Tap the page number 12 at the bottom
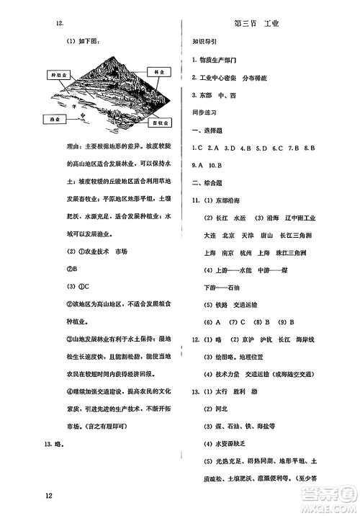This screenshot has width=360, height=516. click(48, 497)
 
